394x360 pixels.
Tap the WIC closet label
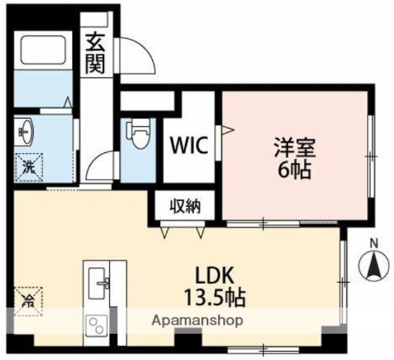188,143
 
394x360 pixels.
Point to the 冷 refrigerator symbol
28,301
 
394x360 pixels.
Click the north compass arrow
373,265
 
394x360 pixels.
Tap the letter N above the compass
373,241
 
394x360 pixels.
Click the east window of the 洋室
371,155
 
